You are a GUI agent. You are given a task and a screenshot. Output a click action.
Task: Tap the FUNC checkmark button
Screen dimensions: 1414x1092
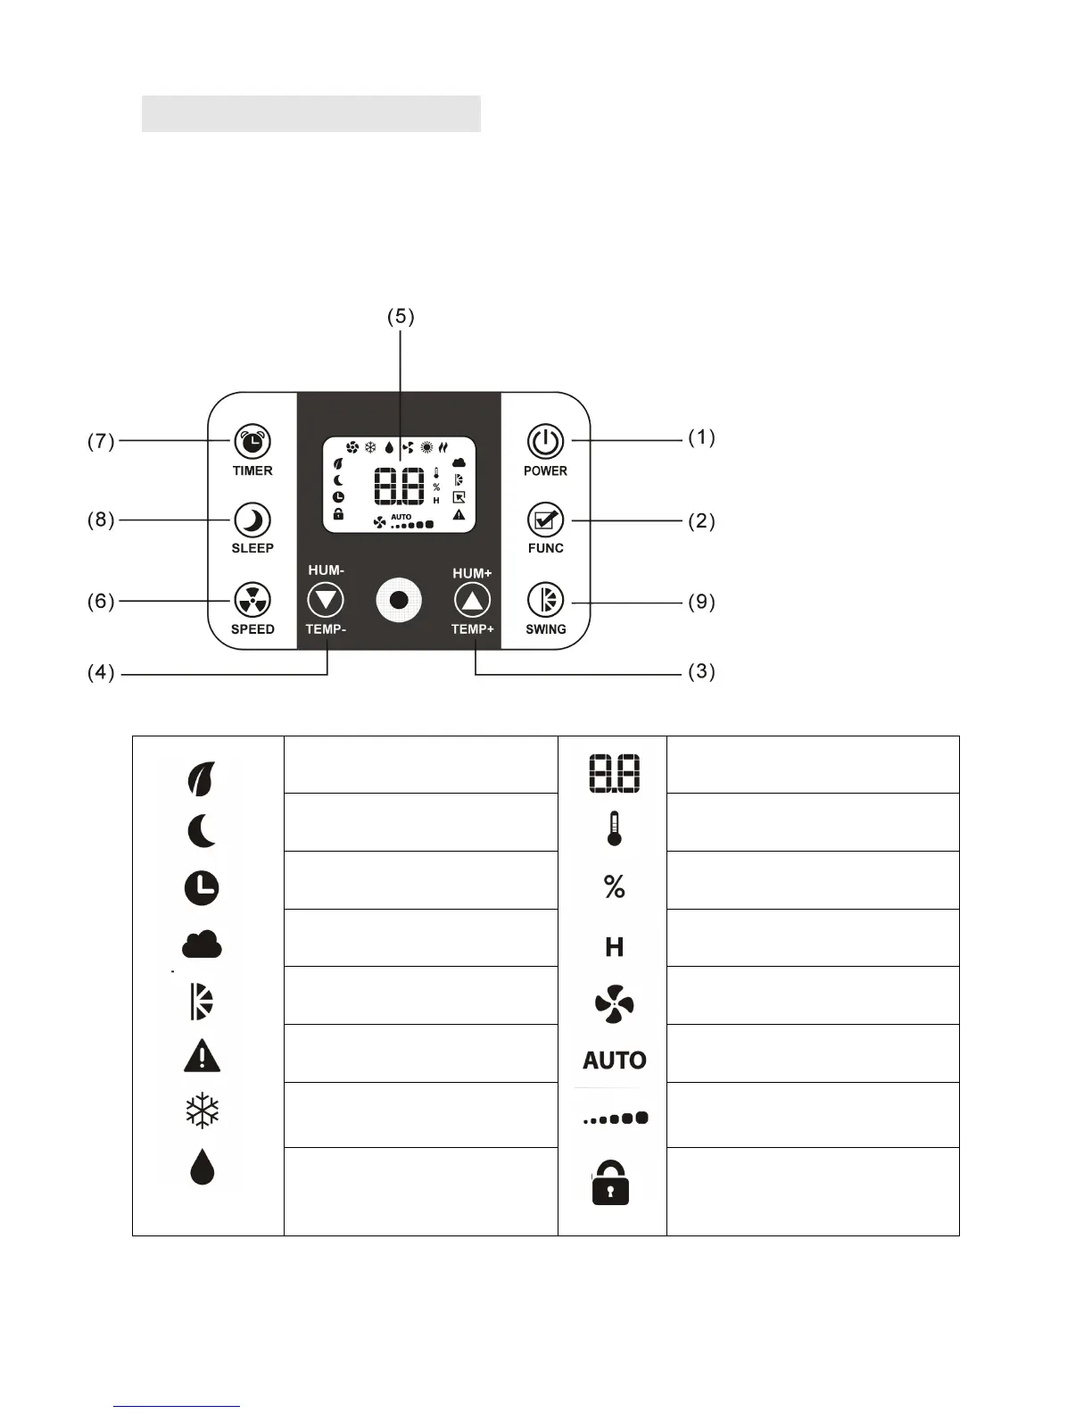[544, 520]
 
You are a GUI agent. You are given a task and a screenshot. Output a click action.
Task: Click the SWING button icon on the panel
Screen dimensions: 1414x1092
[544, 601]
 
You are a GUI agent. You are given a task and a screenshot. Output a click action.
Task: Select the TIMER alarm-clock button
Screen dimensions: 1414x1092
[252, 441]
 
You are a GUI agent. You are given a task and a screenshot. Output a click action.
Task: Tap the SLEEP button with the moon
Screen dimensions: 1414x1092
[252, 520]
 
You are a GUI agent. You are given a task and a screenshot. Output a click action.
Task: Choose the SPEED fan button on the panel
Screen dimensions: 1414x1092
[252, 601]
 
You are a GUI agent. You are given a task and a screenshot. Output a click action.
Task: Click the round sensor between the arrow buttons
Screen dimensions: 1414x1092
[399, 600]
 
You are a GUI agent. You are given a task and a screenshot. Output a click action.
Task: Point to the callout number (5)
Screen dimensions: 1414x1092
[401, 317]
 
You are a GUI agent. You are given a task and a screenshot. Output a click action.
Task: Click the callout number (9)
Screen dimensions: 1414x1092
[701, 602]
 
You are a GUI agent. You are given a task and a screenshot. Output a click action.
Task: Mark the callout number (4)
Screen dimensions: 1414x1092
[101, 672]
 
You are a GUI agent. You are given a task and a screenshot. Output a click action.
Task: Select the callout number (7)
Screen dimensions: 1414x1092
[101, 441]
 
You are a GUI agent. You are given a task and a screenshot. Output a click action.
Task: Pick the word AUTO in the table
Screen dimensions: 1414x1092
[614, 1060]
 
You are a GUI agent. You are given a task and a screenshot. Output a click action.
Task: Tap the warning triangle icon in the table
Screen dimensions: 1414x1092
[202, 1056]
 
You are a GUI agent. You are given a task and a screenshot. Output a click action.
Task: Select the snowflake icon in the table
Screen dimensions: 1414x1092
[202, 1112]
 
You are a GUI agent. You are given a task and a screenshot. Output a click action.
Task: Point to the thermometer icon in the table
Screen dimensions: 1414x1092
[614, 828]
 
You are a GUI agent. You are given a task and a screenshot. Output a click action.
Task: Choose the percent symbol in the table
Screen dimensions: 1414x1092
[614, 886]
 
